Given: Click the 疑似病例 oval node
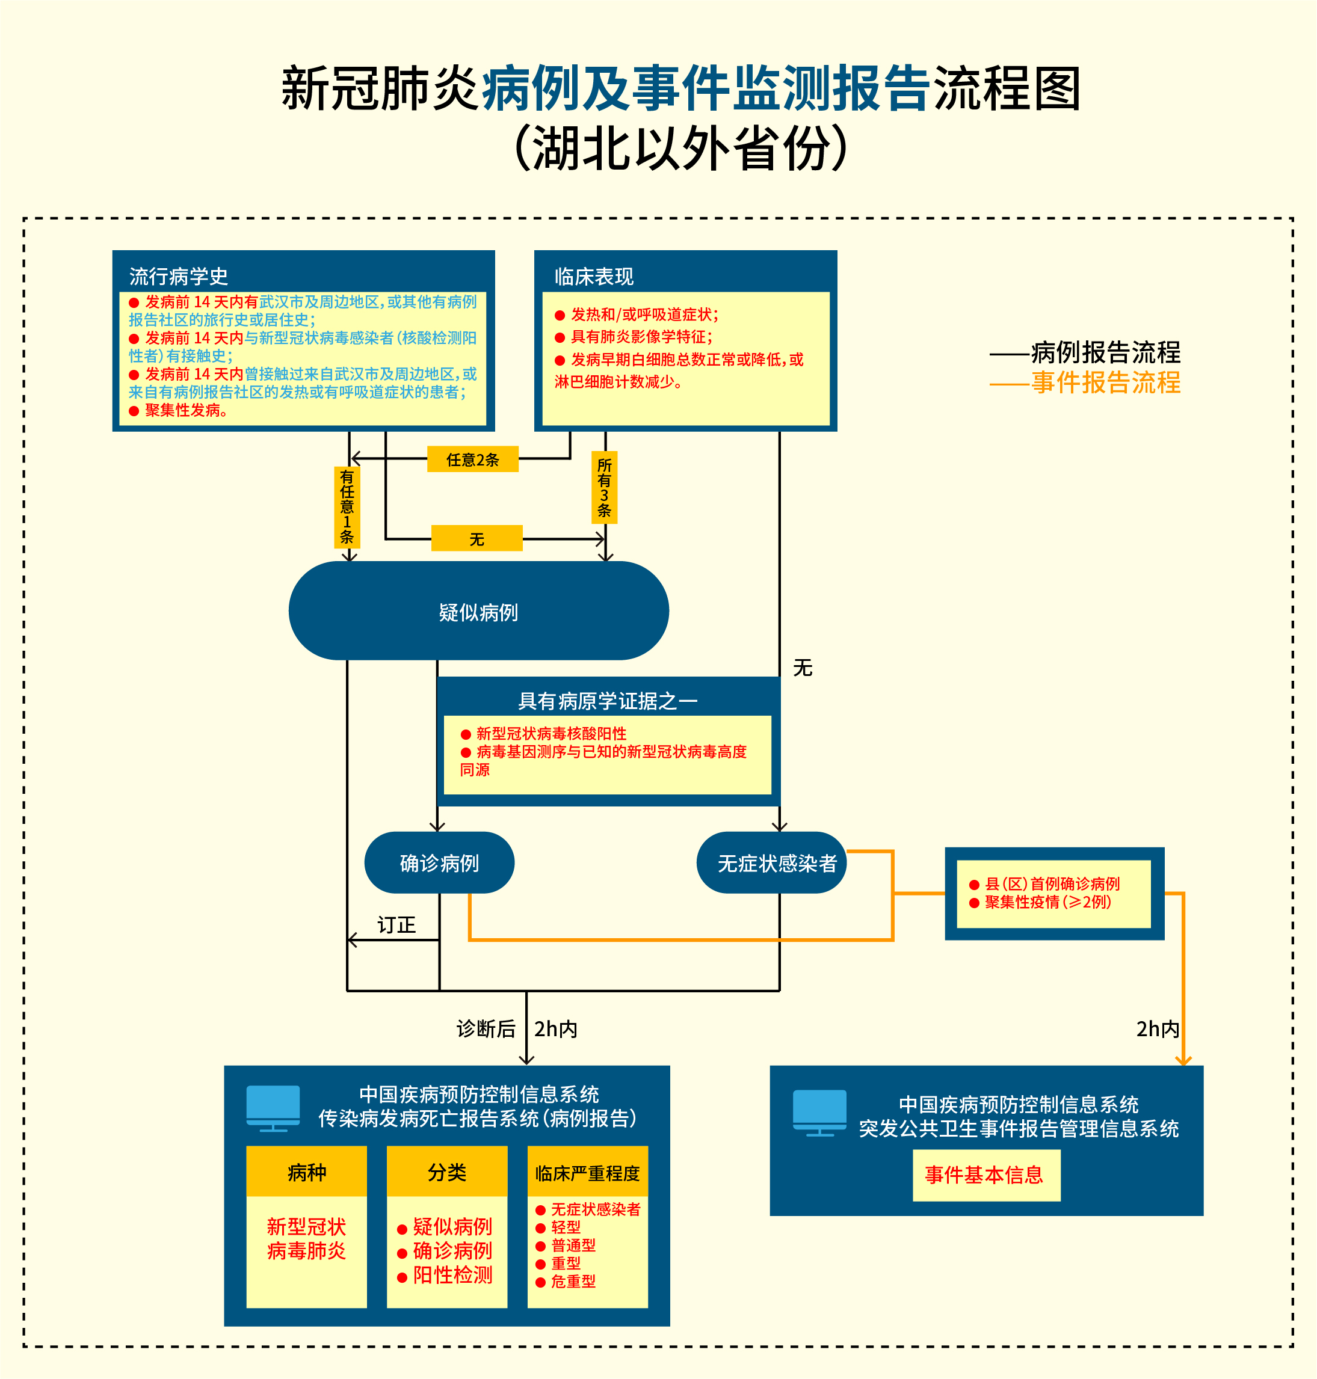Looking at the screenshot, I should click(478, 611).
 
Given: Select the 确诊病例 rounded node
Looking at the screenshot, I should click(439, 862).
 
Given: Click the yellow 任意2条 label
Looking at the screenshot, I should click(472, 459).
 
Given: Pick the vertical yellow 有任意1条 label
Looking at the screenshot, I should click(347, 507).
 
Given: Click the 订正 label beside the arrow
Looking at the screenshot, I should click(396, 925).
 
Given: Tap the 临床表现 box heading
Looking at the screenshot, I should click(594, 276).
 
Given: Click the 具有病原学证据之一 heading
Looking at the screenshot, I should click(607, 701).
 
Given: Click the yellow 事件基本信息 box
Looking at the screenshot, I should click(985, 1175).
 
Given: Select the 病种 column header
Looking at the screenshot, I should click(306, 1172).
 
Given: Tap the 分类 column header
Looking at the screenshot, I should click(446, 1172).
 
